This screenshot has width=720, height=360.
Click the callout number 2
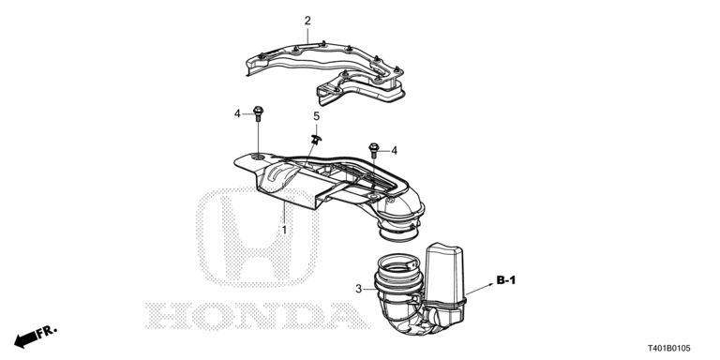point(307,21)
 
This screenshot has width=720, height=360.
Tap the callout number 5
point(316,116)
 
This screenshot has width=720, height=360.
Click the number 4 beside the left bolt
point(238,114)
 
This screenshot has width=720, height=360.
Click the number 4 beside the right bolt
point(394,150)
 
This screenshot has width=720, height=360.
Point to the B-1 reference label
point(506,280)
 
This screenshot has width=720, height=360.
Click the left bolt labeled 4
point(258,115)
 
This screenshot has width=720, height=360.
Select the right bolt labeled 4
point(375,148)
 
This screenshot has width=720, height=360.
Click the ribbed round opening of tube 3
point(398,272)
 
